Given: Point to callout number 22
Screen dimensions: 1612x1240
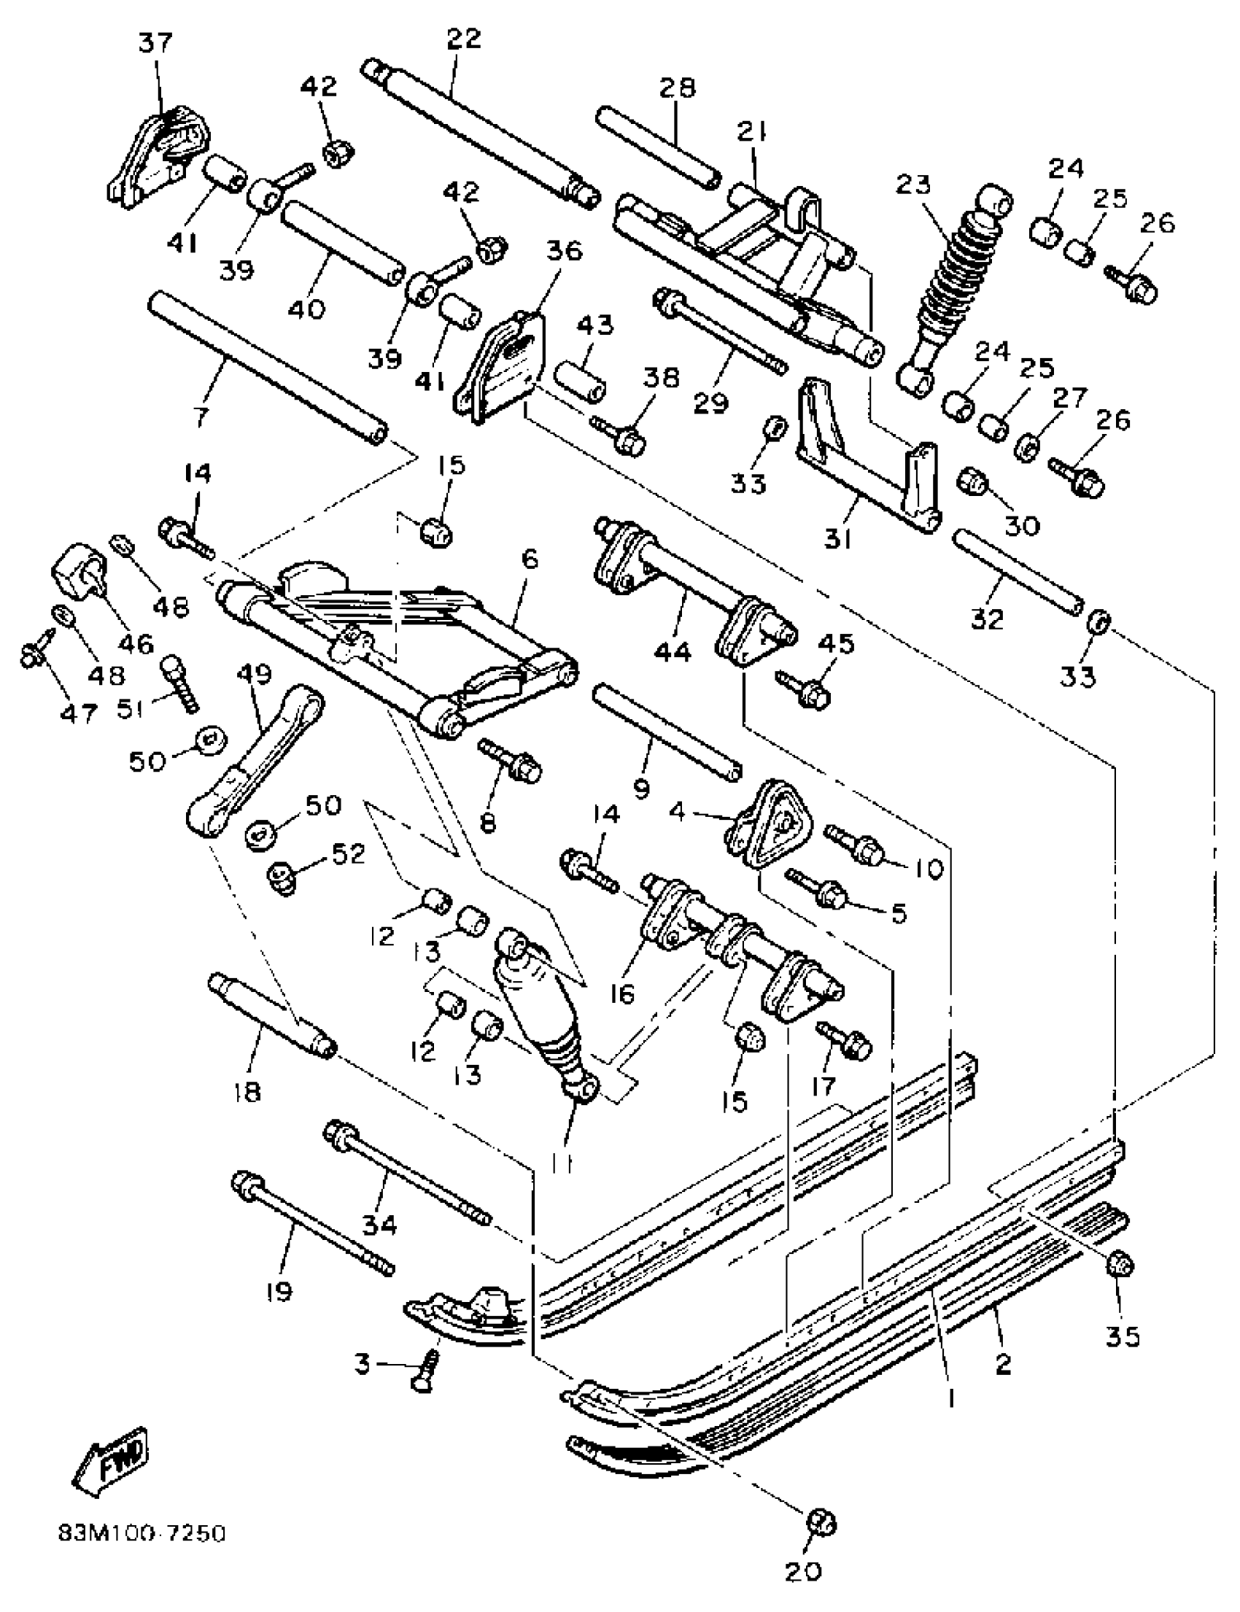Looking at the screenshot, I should point(463,39).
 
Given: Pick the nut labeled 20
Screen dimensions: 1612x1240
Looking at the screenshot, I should point(821,1522).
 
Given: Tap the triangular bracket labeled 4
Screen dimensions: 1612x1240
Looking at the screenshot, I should point(771,818).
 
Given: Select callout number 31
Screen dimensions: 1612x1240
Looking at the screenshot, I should point(838,541).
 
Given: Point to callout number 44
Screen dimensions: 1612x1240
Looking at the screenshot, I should point(673,652).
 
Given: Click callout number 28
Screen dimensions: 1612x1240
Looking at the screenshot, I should point(677,88).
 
